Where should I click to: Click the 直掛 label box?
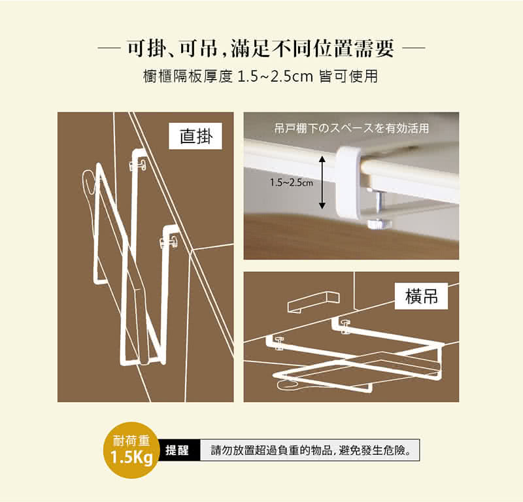(195, 136)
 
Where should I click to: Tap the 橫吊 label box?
(421, 296)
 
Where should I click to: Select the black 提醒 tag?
(177, 450)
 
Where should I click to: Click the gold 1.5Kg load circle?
(132, 450)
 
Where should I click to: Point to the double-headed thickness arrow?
(322, 182)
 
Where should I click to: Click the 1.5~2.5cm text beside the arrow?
(292, 182)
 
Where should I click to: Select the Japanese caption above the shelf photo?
(351, 128)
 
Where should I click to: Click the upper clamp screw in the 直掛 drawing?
(138, 165)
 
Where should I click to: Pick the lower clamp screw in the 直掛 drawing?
(169, 241)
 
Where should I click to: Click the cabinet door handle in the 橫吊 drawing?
(314, 302)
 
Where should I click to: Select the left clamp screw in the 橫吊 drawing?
(278, 344)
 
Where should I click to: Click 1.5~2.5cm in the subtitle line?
(275, 77)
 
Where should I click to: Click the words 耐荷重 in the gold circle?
(131, 441)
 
